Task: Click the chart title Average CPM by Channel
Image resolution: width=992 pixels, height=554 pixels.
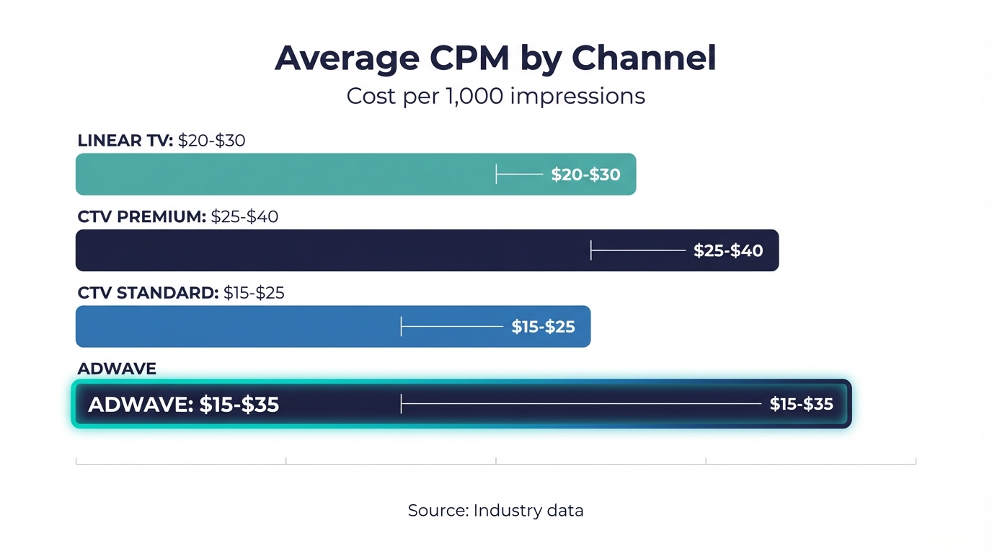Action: pos(495,58)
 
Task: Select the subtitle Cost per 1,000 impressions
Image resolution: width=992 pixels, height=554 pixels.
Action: pos(495,96)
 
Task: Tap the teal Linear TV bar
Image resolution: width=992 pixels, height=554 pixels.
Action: pos(288,174)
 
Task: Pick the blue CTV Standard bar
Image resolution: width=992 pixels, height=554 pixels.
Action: pos(238,326)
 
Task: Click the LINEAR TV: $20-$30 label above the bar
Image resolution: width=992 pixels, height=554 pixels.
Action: pos(161,140)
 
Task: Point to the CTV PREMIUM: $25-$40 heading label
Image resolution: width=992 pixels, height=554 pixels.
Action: pos(177,216)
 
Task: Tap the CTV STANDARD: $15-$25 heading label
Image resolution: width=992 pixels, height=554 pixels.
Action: pos(180,293)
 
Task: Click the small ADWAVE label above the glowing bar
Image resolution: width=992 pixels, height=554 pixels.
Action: pos(117,369)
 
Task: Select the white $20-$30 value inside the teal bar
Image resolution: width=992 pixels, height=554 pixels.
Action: pos(585,175)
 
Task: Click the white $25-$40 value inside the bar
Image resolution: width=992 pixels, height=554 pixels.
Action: pos(728,251)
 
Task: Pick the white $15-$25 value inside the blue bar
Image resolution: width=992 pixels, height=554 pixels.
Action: pos(543,327)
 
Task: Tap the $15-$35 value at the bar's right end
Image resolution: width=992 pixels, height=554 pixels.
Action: pos(801,404)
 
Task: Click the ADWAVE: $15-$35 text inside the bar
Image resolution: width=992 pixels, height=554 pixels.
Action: pos(183,405)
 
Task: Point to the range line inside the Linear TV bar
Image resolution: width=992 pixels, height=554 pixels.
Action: pos(520,174)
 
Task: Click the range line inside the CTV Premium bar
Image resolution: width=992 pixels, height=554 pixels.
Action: pos(638,250)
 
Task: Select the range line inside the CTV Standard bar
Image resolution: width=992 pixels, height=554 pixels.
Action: pos(452,326)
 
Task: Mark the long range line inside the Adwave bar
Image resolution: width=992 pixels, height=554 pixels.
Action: pos(581,403)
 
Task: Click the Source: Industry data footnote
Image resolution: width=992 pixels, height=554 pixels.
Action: pos(495,511)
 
